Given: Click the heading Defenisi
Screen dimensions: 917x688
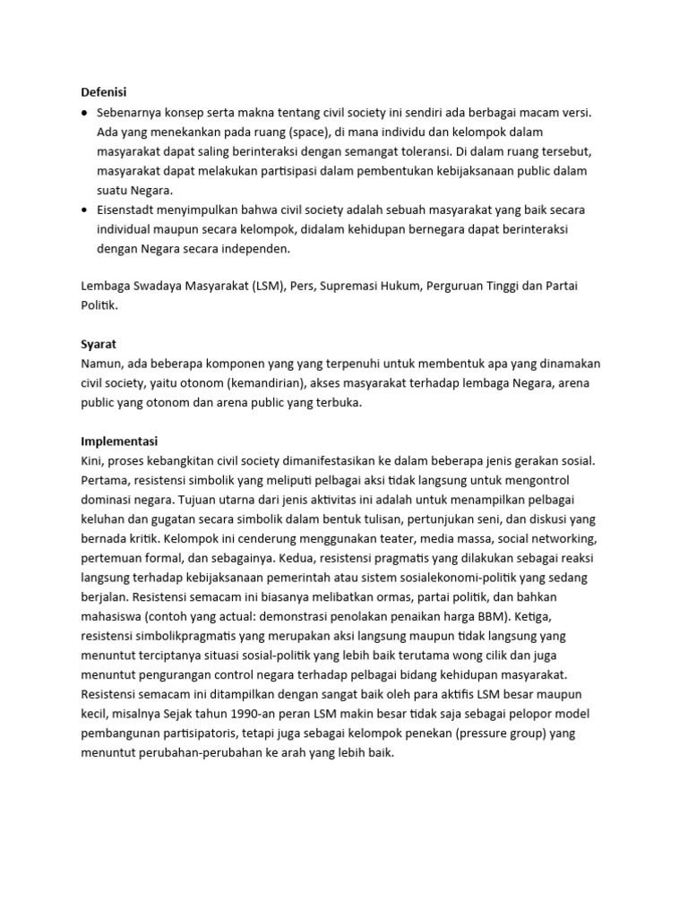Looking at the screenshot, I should tap(103, 91).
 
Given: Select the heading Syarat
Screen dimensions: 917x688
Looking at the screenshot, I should tap(99, 344).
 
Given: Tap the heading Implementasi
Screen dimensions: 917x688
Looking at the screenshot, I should tap(120, 441).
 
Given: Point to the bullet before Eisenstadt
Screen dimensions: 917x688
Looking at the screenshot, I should tap(85, 210).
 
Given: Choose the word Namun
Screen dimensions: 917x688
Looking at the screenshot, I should tap(100, 364).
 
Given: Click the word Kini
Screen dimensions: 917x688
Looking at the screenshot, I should tap(92, 460).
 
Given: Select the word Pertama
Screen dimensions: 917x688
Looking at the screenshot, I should tap(104, 480).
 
